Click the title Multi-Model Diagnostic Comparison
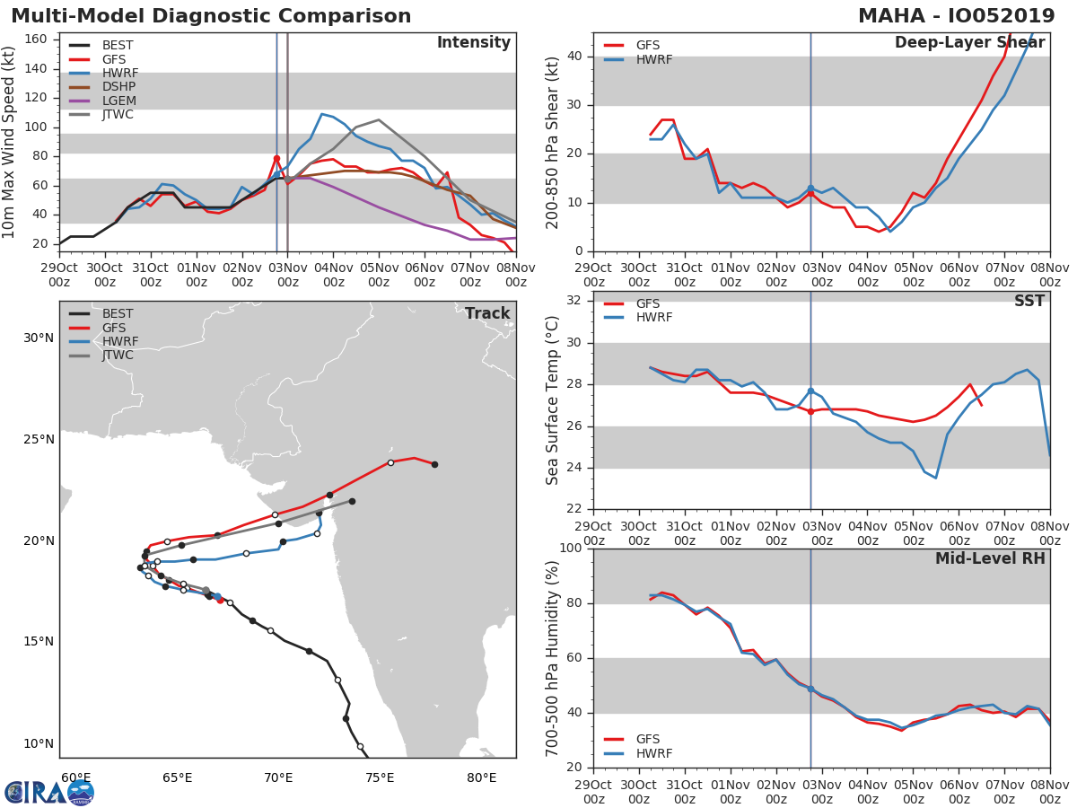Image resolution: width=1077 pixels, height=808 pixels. [211, 16]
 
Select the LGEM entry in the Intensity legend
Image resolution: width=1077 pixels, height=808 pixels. [118, 101]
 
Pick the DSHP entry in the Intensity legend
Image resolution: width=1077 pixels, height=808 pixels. [118, 86]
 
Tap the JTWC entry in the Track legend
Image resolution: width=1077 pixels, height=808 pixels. [118, 355]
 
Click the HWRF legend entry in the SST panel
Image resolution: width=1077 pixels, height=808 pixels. [653, 317]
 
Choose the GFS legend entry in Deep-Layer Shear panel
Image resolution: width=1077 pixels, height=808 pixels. [647, 45]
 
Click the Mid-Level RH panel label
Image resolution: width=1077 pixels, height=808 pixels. [990, 558]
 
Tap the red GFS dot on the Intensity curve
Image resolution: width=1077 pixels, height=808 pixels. [276, 158]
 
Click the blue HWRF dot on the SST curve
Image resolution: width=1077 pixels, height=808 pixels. [810, 391]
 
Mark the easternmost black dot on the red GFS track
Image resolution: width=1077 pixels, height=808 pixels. [434, 464]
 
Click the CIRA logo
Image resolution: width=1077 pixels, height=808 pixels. [49, 792]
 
